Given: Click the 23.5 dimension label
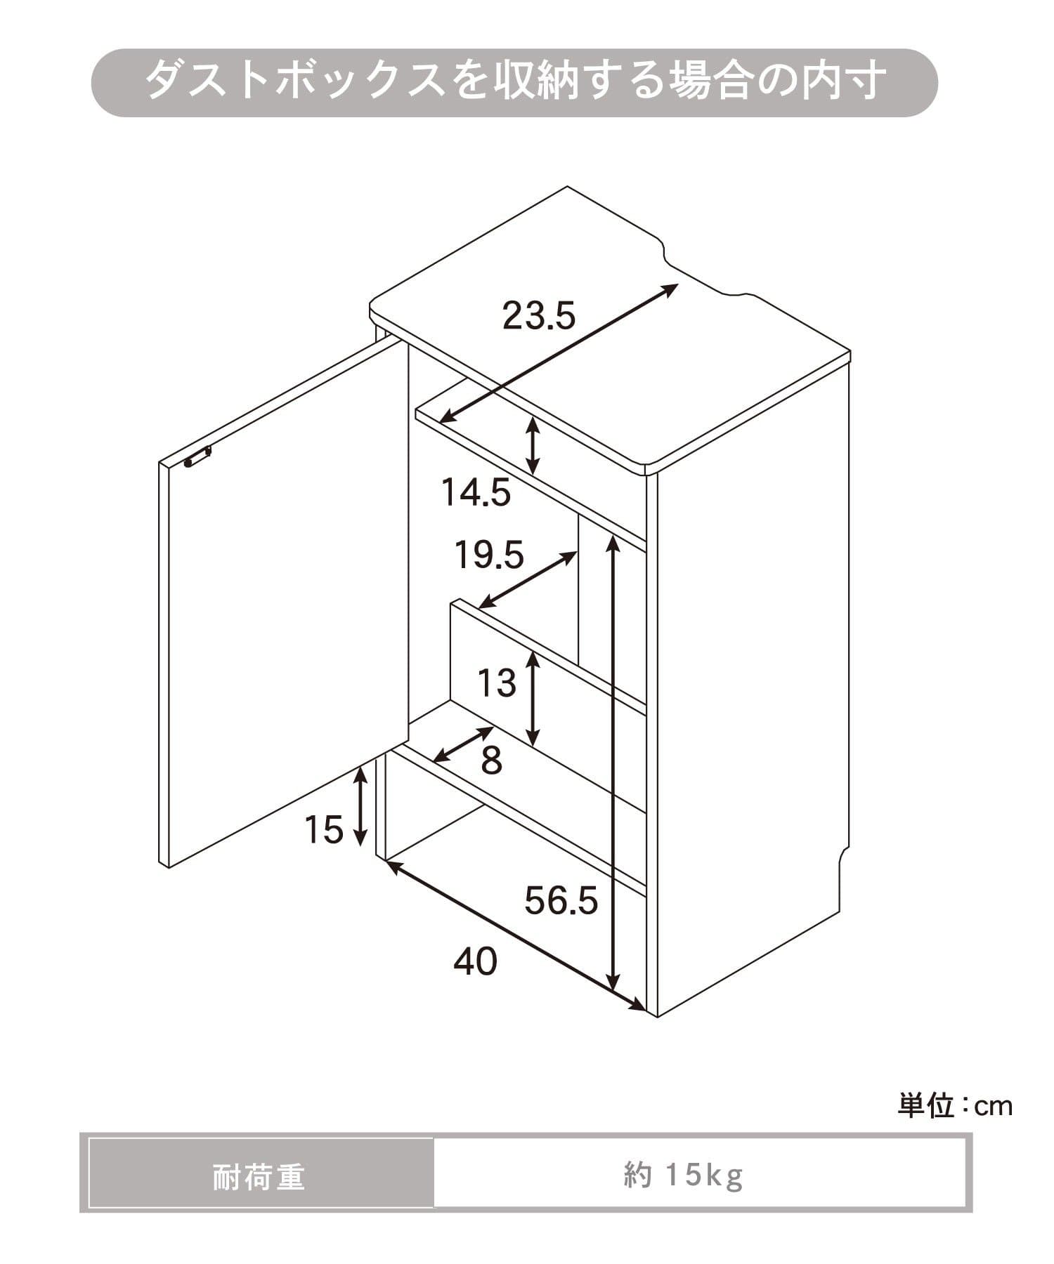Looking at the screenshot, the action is click(539, 315).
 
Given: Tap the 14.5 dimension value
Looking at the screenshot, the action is click(476, 492).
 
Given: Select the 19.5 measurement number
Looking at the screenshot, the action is click(489, 555).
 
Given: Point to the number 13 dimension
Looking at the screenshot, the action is click(497, 683).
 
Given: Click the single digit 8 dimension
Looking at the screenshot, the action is click(491, 760).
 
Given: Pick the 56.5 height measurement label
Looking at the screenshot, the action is click(561, 900).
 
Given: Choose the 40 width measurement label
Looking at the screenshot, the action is click(476, 961).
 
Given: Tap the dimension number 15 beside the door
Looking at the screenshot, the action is click(324, 829).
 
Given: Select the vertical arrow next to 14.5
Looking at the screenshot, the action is click(534, 445).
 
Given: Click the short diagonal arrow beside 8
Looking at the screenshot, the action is click(463, 744).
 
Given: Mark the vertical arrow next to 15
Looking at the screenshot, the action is click(360, 806).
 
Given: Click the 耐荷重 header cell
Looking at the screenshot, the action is click(260, 1178).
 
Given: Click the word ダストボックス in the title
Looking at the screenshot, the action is click(295, 81).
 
